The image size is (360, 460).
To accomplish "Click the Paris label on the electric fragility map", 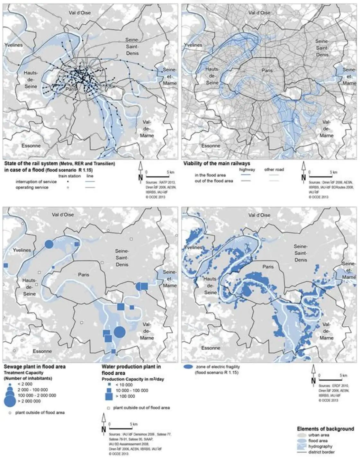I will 268,267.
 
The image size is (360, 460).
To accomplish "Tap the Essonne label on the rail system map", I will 31,146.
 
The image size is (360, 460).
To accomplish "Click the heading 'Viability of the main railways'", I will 217,164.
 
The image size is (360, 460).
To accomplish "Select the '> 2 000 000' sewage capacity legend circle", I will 10,401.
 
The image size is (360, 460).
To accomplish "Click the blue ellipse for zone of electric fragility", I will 188,367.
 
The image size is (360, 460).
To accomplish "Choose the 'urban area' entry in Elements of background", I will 318,435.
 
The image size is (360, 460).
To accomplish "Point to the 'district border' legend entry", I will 321,452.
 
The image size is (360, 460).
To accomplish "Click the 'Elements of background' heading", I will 325,429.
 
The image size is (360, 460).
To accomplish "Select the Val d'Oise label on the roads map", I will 259,13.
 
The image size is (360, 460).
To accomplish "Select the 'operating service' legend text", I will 32,187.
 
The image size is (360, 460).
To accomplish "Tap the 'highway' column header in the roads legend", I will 247,169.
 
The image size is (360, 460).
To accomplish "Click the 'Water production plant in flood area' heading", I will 131,370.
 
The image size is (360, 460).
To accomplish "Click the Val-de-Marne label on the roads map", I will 327,129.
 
